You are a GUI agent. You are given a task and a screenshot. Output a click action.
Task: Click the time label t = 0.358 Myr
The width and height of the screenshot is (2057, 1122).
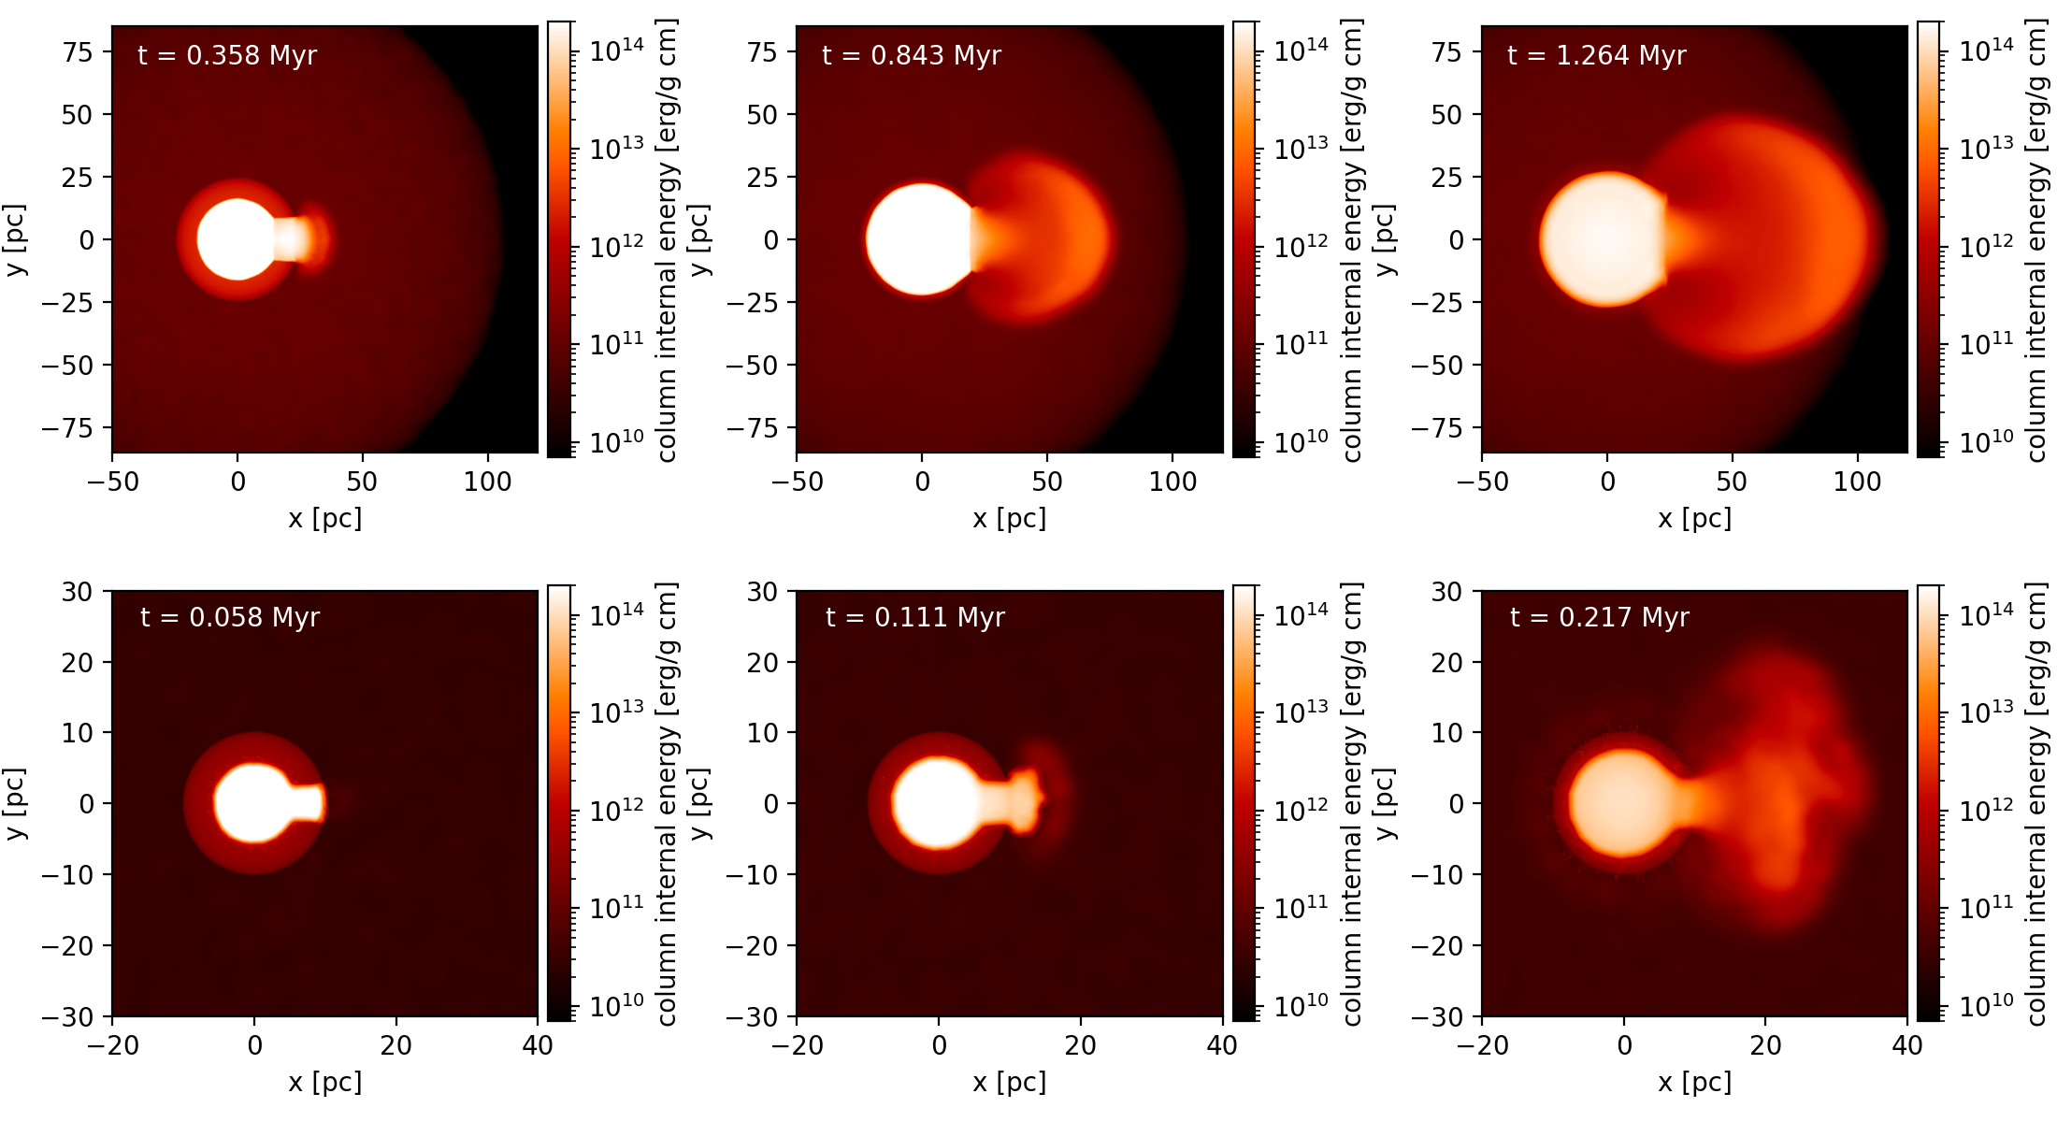point(227,55)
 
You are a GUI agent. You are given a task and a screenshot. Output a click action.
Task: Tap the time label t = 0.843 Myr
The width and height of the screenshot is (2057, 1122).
point(912,55)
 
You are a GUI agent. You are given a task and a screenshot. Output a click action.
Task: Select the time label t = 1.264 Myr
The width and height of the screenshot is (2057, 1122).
point(1597,55)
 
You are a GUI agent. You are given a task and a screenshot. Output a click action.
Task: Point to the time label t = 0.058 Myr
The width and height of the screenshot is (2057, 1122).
point(230,617)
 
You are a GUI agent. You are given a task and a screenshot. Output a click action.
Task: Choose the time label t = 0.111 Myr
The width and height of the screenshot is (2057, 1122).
point(915,617)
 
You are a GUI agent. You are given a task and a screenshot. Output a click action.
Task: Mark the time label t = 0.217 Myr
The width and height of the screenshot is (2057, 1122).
point(1600,617)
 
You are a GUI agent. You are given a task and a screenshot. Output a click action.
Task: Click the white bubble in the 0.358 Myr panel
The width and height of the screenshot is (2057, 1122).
point(237,239)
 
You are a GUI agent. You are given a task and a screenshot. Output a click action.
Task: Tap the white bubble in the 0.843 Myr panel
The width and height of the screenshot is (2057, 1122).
point(920,239)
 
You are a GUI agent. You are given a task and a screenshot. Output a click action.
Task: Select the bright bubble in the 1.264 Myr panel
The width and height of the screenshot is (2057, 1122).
point(1603,239)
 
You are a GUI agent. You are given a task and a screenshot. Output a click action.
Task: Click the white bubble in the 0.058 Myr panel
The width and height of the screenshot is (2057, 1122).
point(252,803)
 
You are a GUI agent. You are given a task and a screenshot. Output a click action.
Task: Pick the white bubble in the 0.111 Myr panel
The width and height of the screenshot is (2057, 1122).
point(936,803)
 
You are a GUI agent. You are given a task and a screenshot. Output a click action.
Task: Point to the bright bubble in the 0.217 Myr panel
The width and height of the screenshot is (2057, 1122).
point(1623,803)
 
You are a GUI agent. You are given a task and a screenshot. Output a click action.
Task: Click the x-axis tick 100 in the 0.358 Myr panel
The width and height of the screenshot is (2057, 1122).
point(487,482)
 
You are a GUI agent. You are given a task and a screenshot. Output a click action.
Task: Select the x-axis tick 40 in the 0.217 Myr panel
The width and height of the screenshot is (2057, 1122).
point(1906,1044)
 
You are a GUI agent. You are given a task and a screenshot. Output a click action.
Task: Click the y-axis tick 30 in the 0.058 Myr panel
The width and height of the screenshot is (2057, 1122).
point(77,592)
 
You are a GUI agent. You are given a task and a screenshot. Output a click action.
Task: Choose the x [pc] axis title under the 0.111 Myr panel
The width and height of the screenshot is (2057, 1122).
point(1009,1082)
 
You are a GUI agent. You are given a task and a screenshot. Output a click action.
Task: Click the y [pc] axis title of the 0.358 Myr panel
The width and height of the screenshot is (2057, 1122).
point(15,239)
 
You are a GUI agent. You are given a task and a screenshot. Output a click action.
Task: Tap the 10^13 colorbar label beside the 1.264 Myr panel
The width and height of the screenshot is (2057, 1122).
point(1986,147)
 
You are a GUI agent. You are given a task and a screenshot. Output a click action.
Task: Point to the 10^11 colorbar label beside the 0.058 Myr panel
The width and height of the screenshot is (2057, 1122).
point(616,906)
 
